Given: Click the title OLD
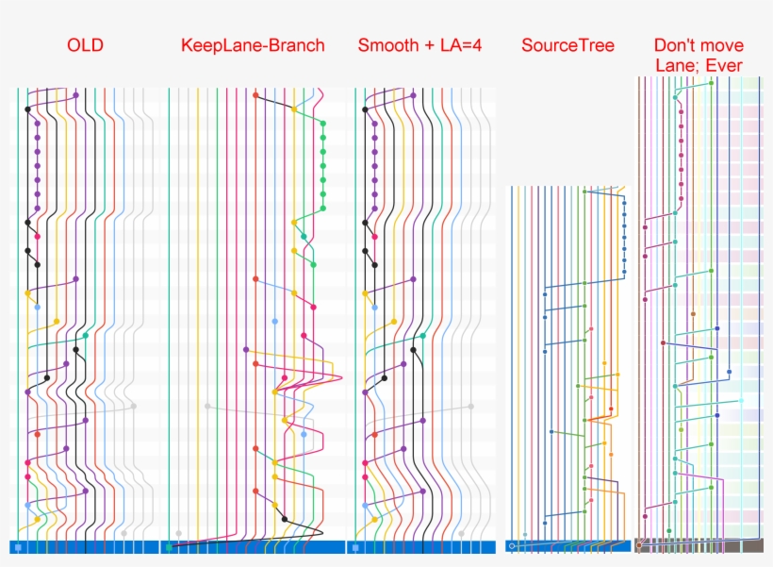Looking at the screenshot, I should pos(85,45).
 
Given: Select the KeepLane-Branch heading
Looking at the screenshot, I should pos(253,45).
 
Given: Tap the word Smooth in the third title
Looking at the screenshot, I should pos(384,45).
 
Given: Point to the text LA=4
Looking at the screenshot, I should pos(460,45).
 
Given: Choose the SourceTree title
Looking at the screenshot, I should pos(567,45).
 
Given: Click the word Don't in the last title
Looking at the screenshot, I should pos(675,45).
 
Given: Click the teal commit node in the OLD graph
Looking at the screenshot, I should pos(86,335).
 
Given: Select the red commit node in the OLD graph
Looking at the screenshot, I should pos(37,435).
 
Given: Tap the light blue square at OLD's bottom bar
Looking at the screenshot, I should pos(18,547).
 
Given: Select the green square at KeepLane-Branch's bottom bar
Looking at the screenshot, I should pos(169,547).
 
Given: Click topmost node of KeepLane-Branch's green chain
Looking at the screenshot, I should pos(322,124).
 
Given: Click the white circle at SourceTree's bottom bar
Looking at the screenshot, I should pos(511,546).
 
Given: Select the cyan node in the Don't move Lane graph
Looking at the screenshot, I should pos(741,401).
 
